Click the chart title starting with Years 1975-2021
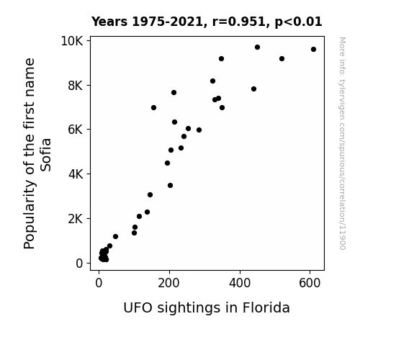[x=207, y=22]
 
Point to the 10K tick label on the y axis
[x=72, y=41]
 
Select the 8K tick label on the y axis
[x=76, y=86]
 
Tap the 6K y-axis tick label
[x=76, y=130]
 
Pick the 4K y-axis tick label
[x=76, y=174]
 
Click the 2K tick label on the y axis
[x=76, y=219]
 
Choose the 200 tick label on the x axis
[x=168, y=283]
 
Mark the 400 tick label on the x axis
[x=240, y=283]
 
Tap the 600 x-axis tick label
[x=310, y=283]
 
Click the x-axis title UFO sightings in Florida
[x=207, y=308]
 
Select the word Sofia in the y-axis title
[x=46, y=155]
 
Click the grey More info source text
[x=343, y=143]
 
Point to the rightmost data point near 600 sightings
[x=313, y=50]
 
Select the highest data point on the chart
[x=258, y=48]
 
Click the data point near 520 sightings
[x=282, y=58]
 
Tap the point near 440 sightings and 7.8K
[x=253, y=89]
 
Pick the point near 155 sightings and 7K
[x=153, y=108]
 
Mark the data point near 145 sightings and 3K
[x=150, y=195]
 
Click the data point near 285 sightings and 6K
[x=199, y=130]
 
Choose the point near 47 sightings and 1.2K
[x=115, y=237]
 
